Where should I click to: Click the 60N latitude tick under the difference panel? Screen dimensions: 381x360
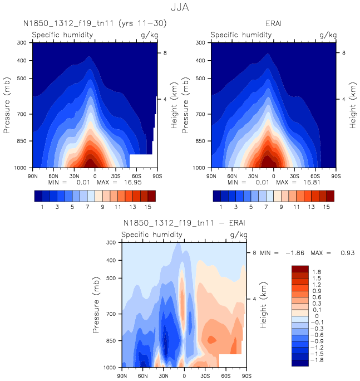(x=143, y=375)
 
